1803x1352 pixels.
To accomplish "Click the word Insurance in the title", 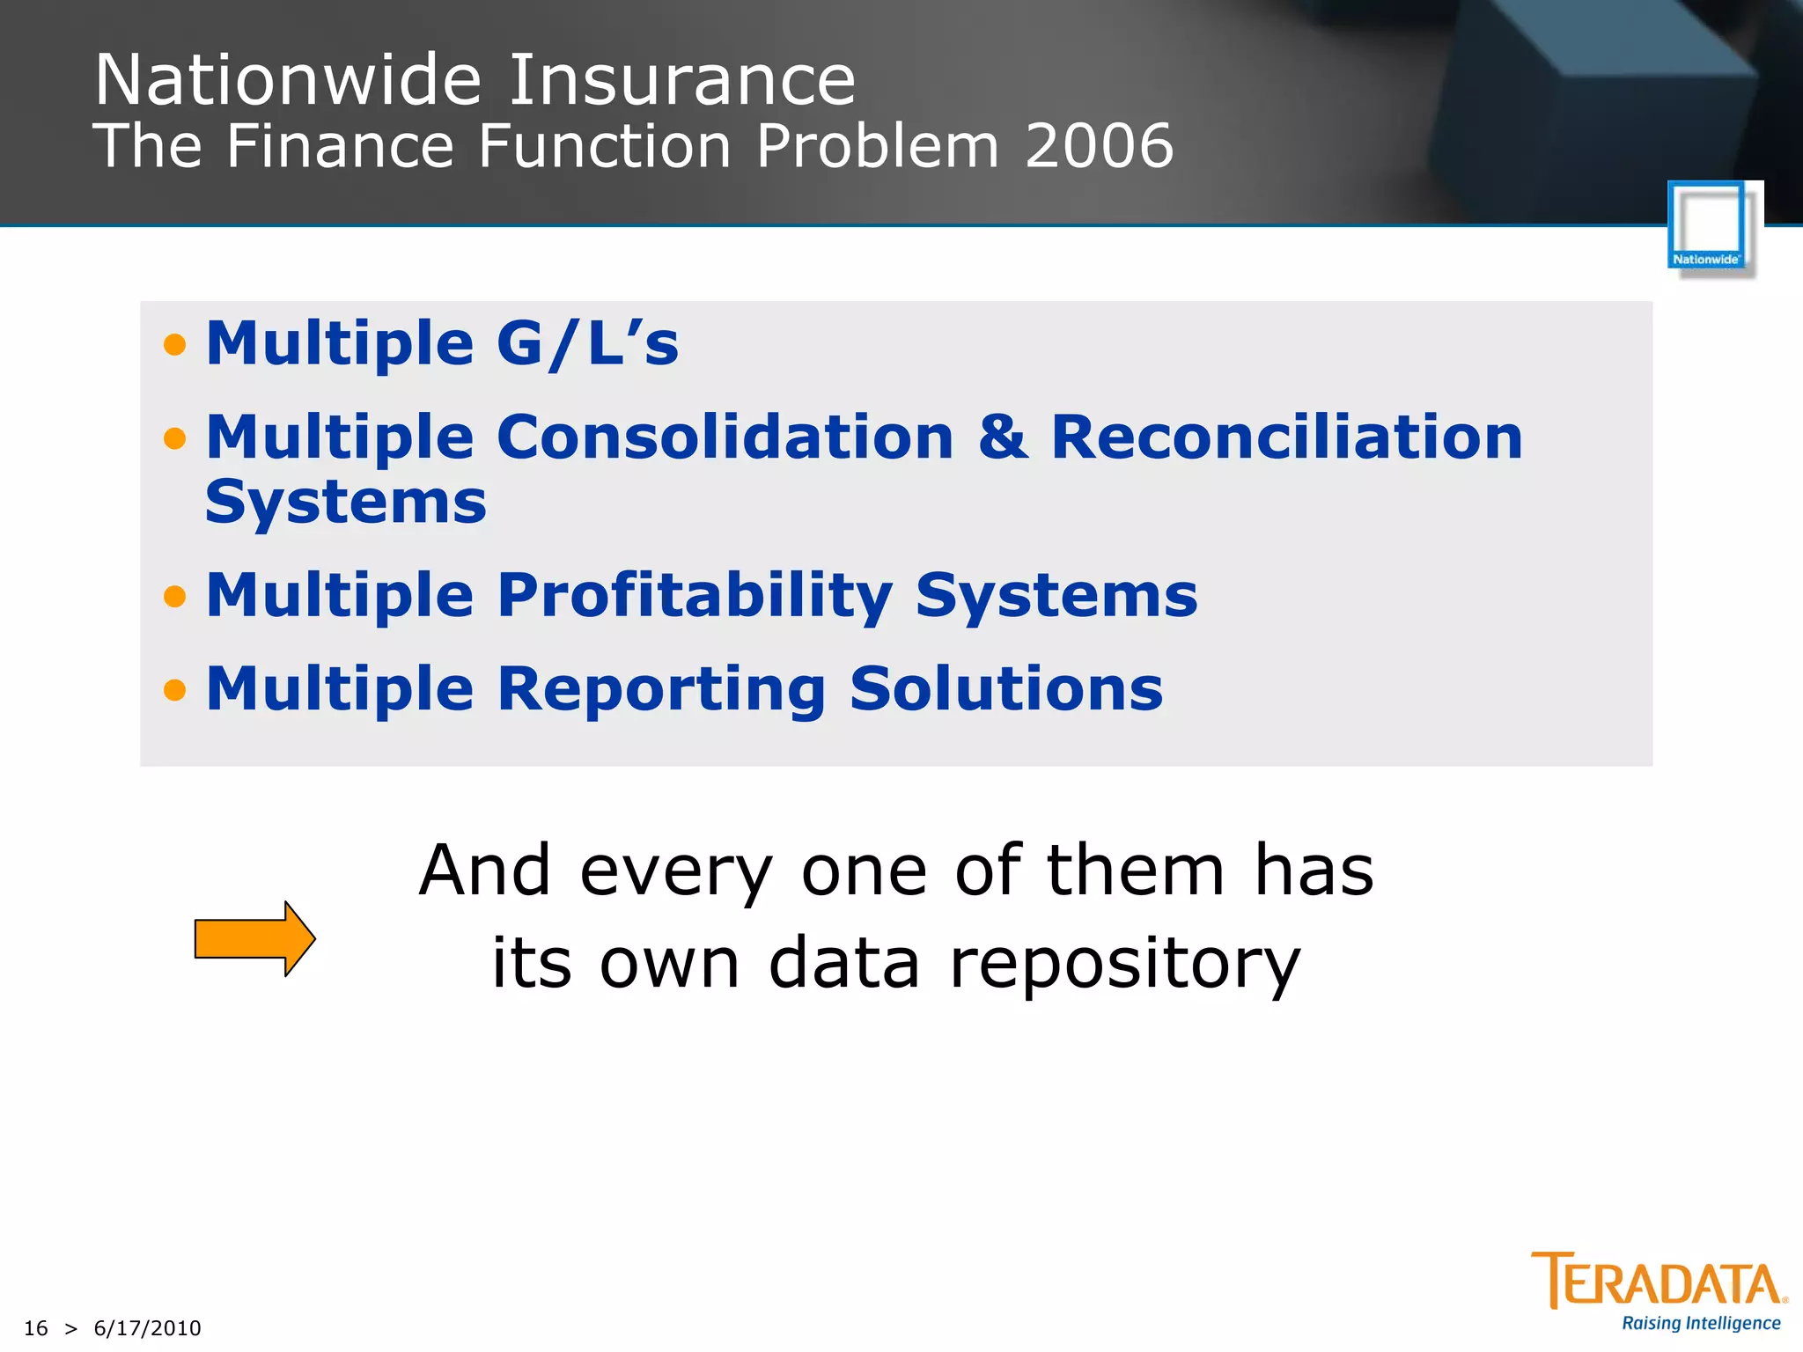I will (682, 81).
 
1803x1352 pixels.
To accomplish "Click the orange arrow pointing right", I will (254, 938).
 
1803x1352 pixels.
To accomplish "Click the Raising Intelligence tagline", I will (1700, 1324).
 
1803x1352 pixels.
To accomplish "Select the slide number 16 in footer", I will (35, 1328).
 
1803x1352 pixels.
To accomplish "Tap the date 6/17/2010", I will (147, 1328).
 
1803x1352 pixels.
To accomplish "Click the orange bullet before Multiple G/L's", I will (175, 344).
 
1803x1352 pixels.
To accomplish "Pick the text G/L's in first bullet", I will (587, 343).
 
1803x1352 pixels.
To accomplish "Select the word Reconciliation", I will (1286, 437).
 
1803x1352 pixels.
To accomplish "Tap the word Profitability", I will (695, 596).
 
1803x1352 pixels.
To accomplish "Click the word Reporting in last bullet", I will (661, 690).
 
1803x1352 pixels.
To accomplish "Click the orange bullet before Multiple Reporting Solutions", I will (175, 690).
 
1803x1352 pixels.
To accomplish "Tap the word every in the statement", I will (675, 871).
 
